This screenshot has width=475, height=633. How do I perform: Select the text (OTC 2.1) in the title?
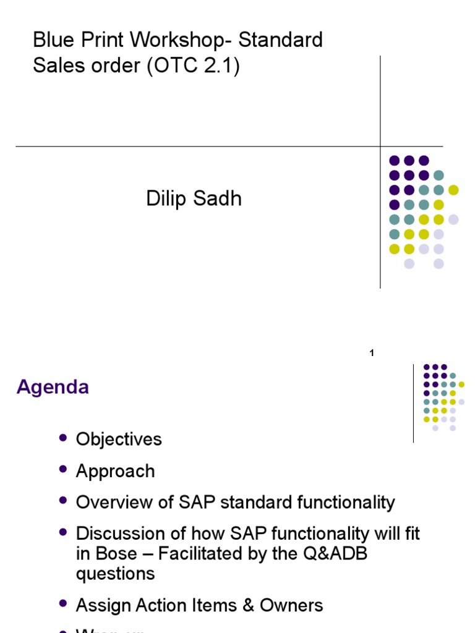193,66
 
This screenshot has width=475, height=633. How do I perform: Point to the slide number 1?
372,353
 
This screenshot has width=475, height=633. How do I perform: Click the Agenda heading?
53,388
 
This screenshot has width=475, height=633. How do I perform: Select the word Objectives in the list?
119,440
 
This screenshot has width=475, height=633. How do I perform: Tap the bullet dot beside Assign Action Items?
62,604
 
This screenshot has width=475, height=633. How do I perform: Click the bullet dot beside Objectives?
62,438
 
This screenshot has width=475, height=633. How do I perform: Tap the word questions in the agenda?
115,574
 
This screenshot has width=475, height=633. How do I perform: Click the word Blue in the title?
52,41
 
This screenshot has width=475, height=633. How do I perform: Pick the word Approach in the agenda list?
115,472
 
